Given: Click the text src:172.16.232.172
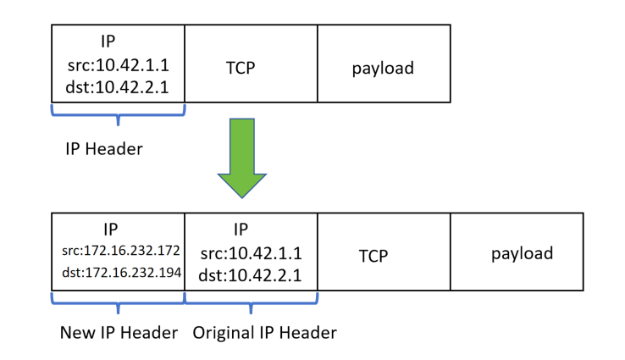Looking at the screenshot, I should click(x=118, y=251).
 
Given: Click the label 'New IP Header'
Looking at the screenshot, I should click(x=119, y=333).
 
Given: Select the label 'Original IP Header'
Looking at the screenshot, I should click(x=264, y=333).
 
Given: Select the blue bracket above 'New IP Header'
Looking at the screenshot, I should click(x=118, y=300).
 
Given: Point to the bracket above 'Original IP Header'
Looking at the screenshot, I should click(x=252, y=300).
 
